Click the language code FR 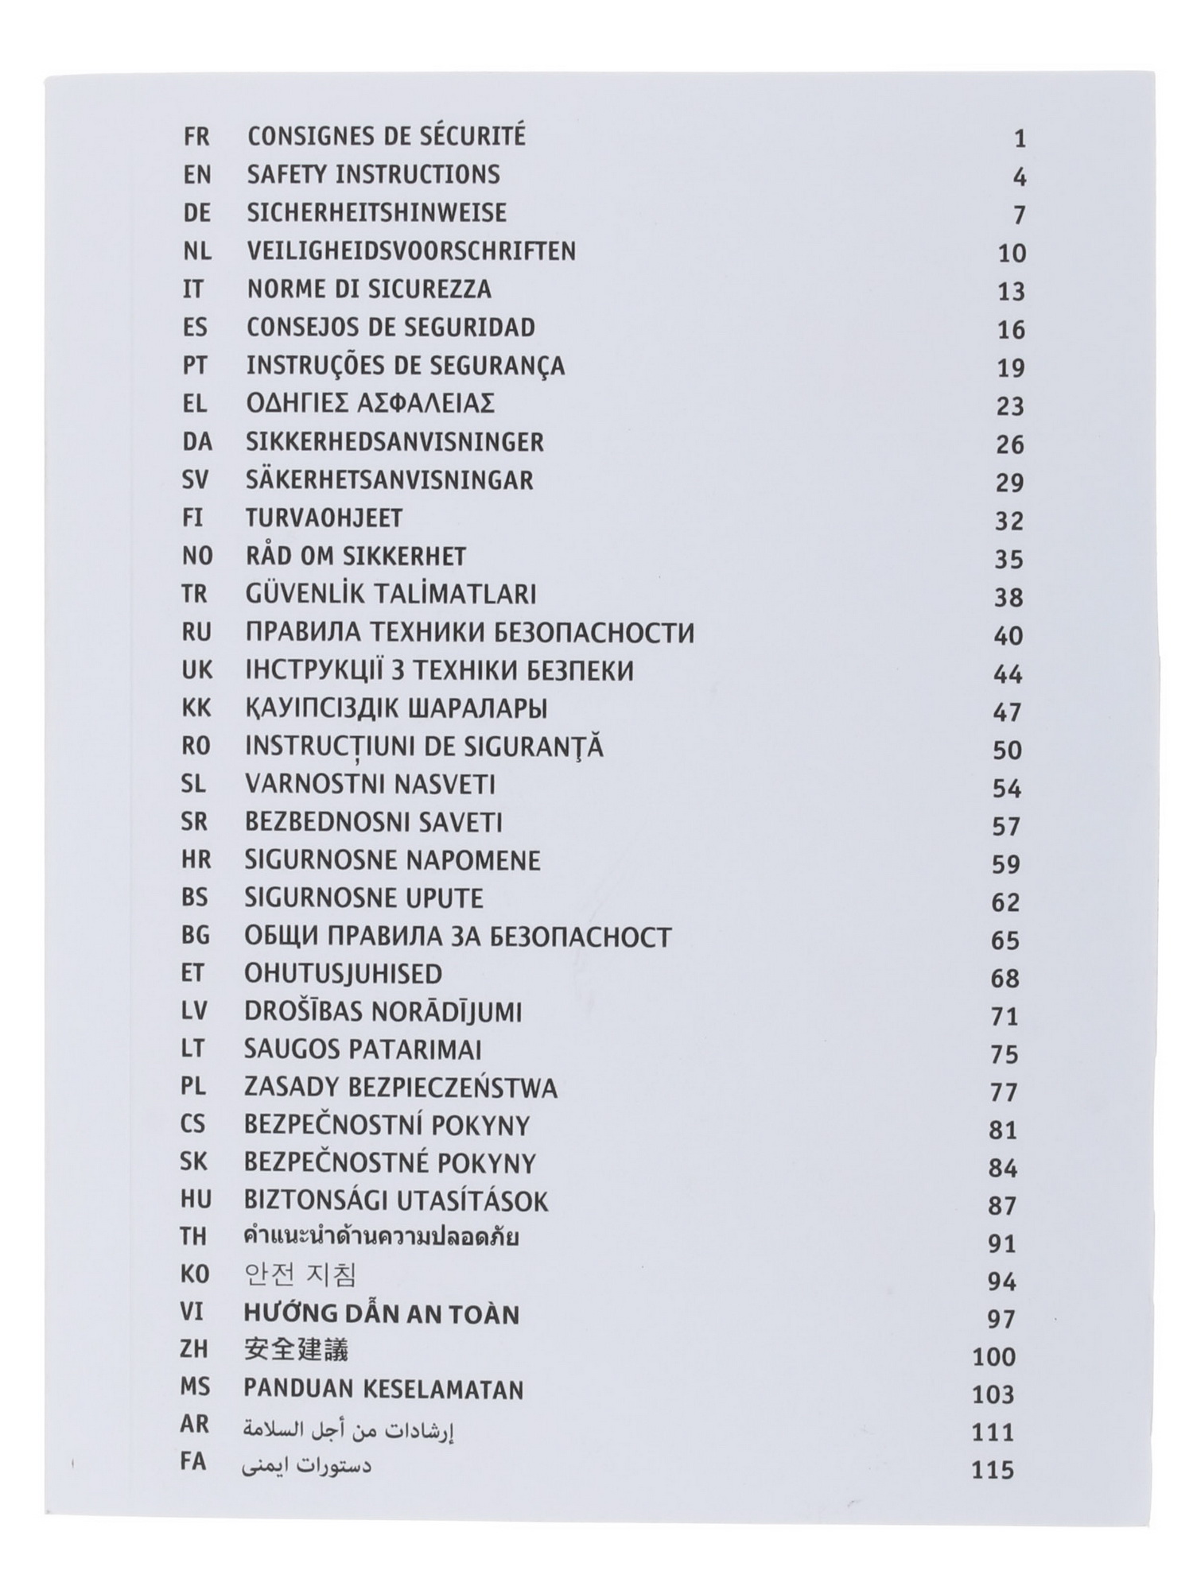click(196, 137)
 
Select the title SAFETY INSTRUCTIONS click(373, 175)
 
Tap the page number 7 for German click(1020, 215)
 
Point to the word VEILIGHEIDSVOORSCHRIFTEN click(410, 251)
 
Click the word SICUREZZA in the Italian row click(429, 289)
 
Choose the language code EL click(195, 404)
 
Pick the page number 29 click(1009, 483)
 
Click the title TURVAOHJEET click(324, 518)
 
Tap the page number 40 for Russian click(1008, 636)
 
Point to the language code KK click(196, 708)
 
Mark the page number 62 click(1005, 902)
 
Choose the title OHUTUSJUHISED click(343, 974)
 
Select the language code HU click(194, 1200)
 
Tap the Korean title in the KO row click(299, 1275)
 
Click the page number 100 click(994, 1356)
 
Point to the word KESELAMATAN click(443, 1390)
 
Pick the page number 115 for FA click(993, 1470)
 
